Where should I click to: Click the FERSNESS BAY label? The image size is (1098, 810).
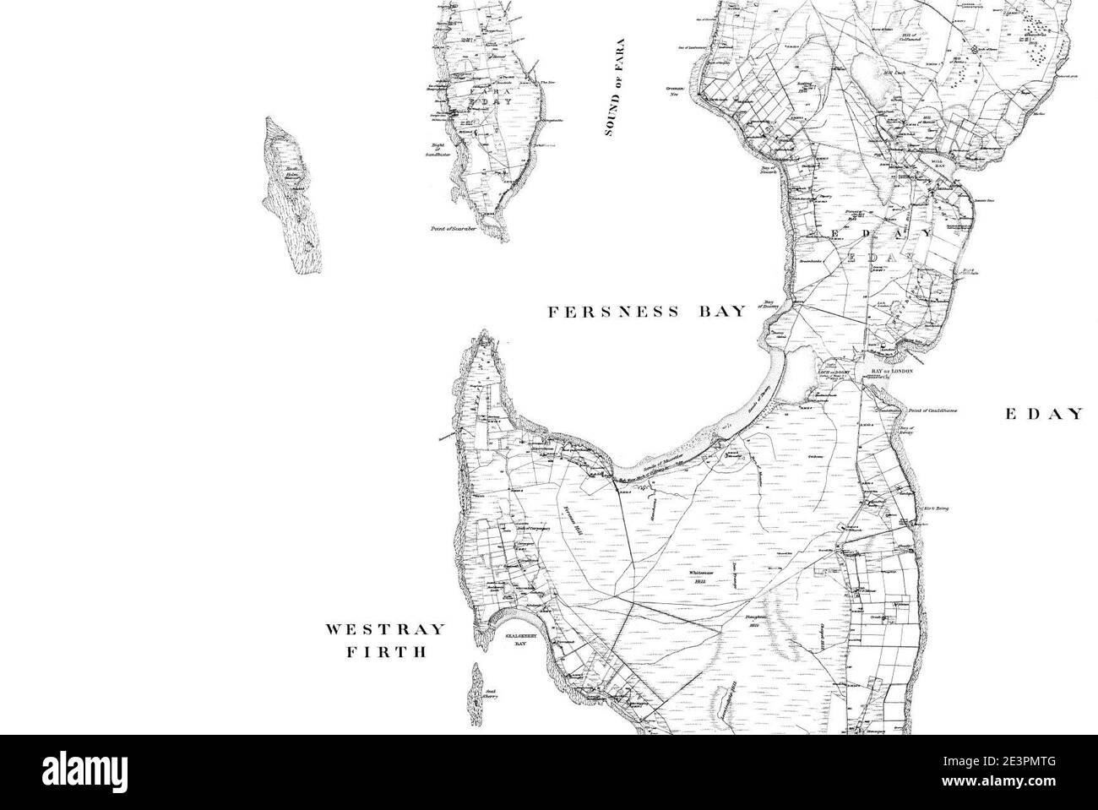click(x=648, y=313)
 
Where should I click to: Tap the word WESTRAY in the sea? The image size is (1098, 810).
click(x=386, y=630)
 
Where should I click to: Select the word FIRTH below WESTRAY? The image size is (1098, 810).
click(x=386, y=652)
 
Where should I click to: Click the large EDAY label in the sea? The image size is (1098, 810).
click(x=1043, y=414)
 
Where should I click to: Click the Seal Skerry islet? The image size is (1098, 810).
click(x=476, y=693)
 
